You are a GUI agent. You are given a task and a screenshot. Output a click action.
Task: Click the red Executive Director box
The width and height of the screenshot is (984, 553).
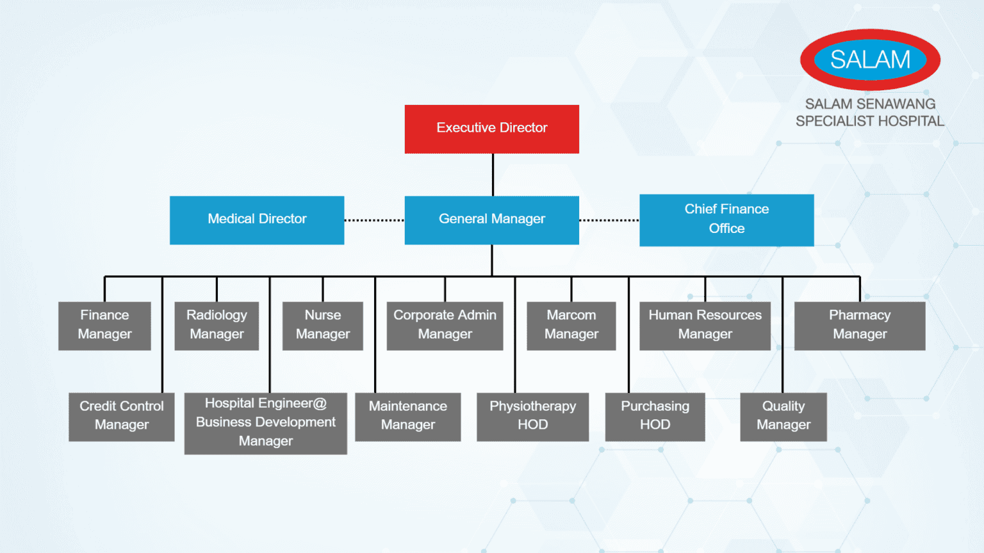tap(491, 129)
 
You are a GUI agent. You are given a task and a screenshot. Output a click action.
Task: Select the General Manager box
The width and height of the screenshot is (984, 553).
tap(491, 220)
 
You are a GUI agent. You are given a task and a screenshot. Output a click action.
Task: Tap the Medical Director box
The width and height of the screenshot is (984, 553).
tap(257, 220)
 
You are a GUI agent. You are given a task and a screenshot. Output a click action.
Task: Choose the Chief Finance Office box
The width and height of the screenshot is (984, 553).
tap(726, 220)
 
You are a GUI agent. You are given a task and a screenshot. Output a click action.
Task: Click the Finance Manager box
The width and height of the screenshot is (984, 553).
tap(104, 325)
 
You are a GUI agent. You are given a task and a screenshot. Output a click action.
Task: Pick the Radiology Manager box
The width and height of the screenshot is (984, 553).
tap(217, 325)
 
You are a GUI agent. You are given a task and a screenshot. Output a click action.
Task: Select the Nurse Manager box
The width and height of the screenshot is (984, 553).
tap(322, 325)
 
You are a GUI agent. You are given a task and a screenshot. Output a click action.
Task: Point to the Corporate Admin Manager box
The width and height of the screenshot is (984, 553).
tap(445, 325)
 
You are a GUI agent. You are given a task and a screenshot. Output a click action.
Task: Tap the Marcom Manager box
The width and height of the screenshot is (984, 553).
tap(571, 325)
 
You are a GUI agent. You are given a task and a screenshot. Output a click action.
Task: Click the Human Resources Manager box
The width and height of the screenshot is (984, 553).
tap(705, 325)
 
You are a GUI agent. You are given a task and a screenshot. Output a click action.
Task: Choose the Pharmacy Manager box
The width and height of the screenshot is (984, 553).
tap(860, 325)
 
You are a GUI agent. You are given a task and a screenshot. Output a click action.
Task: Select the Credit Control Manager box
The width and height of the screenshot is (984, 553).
tap(121, 416)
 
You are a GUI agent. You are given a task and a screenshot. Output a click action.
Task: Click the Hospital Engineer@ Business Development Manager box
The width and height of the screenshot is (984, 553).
tap(265, 422)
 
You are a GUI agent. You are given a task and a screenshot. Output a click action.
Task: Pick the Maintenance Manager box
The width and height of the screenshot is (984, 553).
tap(407, 416)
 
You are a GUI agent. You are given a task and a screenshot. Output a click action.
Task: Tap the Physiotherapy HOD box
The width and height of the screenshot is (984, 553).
tap(532, 416)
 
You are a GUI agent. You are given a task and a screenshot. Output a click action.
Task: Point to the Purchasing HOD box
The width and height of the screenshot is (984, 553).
tap(655, 416)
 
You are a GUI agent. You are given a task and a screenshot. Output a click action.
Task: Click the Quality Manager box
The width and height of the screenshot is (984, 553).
tap(783, 416)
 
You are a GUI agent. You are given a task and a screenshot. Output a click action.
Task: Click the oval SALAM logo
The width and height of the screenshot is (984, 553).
tap(870, 60)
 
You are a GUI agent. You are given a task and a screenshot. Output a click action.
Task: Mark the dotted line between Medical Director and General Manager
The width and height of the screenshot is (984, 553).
tap(374, 220)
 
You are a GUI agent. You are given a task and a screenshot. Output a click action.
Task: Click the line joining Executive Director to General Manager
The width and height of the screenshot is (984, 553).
tap(493, 175)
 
